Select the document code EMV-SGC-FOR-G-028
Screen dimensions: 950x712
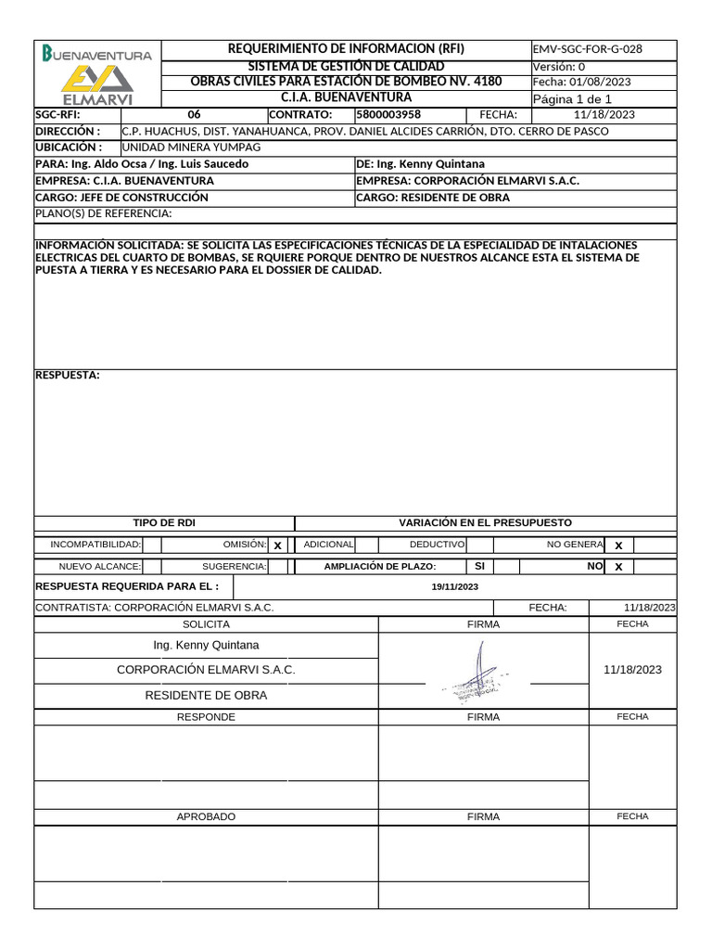[588, 49]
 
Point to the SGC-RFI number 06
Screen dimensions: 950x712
[194, 115]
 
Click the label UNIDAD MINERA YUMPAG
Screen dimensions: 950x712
[192, 148]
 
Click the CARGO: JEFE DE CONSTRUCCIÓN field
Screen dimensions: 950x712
[121, 198]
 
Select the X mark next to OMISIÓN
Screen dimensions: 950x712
[277, 546]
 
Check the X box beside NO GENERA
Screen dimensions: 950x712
[618, 546]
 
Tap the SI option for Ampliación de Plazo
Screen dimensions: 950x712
[479, 566]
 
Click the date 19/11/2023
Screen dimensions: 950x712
[454, 587]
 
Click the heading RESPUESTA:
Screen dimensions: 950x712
[67, 375]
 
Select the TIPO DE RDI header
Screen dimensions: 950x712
[164, 523]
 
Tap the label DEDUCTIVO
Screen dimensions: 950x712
[437, 545]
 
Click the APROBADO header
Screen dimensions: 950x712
[206, 816]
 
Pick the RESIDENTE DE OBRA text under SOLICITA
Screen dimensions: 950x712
[206, 695]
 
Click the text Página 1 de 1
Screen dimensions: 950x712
[572, 99]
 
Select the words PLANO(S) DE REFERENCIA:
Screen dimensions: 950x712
[103, 214]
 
